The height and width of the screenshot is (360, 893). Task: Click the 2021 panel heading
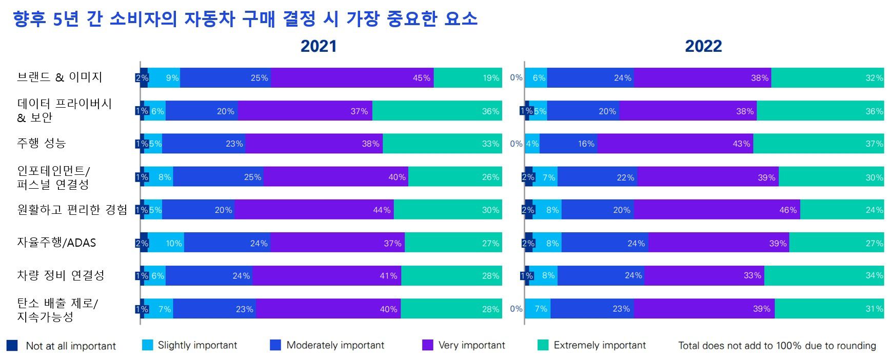[319, 46]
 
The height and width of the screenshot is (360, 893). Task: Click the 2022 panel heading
[703, 46]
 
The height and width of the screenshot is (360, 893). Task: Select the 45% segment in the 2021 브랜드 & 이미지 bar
[352, 78]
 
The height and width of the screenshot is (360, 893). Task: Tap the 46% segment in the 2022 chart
[717, 210]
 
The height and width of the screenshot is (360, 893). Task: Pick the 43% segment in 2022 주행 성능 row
[675, 144]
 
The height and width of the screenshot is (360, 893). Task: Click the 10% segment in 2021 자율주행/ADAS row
[166, 243]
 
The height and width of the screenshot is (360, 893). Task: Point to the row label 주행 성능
[42, 143]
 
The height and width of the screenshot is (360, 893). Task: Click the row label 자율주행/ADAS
[56, 243]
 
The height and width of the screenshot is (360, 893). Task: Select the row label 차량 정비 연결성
[61, 275]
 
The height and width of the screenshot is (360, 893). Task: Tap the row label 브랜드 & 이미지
[59, 77]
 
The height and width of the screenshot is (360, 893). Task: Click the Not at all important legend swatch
[12, 345]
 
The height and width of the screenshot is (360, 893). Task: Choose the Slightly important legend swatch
[148, 345]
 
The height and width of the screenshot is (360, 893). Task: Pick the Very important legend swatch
[428, 345]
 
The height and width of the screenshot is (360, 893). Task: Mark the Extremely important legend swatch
[543, 345]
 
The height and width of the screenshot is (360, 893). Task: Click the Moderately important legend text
[335, 345]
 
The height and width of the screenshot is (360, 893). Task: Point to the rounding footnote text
[777, 346]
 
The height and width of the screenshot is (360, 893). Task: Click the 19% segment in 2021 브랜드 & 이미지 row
[468, 78]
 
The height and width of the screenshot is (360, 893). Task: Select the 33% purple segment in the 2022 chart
[704, 275]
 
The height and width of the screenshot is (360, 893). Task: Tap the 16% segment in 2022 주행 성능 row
[568, 144]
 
